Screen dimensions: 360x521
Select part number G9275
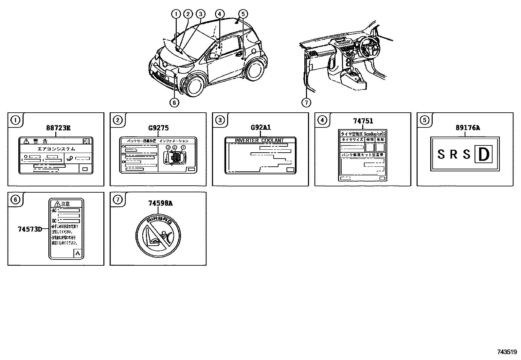click(158, 128)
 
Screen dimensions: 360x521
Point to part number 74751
click(363, 121)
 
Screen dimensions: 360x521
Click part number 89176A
click(465, 128)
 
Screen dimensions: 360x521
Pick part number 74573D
click(30, 229)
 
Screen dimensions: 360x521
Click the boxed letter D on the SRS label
click(483, 155)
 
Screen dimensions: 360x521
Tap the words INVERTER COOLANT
click(259, 141)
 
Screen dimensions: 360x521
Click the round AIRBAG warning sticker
click(158, 235)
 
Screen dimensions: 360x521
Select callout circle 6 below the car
click(174, 103)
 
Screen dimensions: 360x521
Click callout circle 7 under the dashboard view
click(306, 103)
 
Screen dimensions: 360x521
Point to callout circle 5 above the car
click(243, 14)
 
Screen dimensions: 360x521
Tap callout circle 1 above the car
click(176, 14)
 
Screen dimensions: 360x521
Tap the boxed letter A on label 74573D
click(78, 253)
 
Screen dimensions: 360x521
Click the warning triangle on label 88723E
click(27, 142)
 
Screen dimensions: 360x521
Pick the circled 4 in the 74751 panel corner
click(322, 120)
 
